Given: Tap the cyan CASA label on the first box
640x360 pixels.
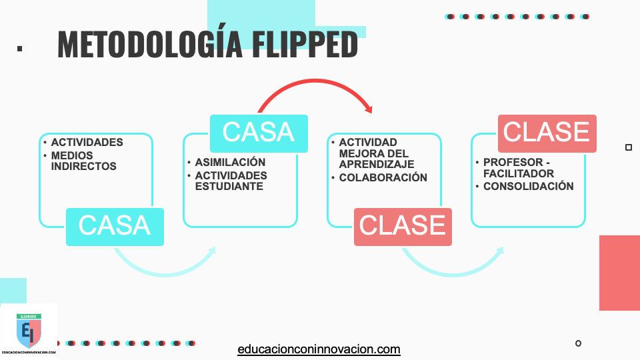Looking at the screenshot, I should (x=115, y=226).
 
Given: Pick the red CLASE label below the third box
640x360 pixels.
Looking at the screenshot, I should (x=403, y=226).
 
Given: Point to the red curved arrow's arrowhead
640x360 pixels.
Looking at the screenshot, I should (x=368, y=108).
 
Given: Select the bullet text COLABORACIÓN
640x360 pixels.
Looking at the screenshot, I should (x=383, y=177).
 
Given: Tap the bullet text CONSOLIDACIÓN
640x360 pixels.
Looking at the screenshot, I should (x=528, y=186).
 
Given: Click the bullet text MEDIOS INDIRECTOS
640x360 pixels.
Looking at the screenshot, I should (x=83, y=161).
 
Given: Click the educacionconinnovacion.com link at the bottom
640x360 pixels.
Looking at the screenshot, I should (x=319, y=349).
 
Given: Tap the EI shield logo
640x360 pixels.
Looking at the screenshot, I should (x=29, y=332).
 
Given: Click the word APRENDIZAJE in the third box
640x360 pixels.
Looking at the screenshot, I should (x=376, y=164).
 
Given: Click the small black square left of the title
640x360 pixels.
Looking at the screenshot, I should (x=19, y=48).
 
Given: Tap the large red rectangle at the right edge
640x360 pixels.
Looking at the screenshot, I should (x=619, y=273).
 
